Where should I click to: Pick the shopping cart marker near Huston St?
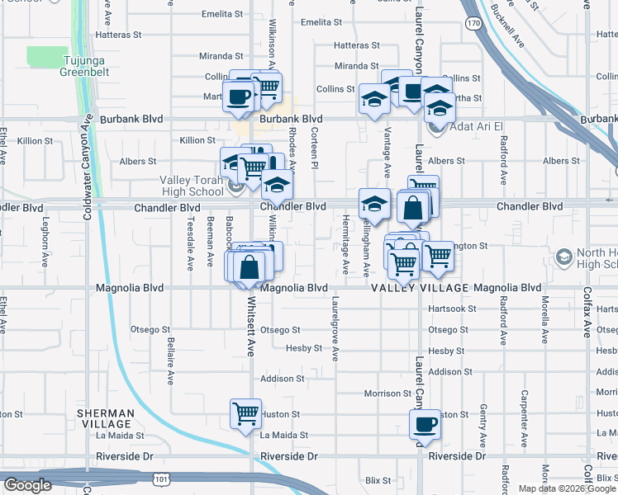pyautogui.click(x=245, y=414)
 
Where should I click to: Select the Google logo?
pyautogui.click(x=27, y=485)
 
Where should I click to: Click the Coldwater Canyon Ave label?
pyautogui.click(x=88, y=165)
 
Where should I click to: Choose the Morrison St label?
pyautogui.click(x=387, y=394)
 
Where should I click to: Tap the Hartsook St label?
pyautogui.click(x=454, y=309)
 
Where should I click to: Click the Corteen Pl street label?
pyautogui.click(x=315, y=155)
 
